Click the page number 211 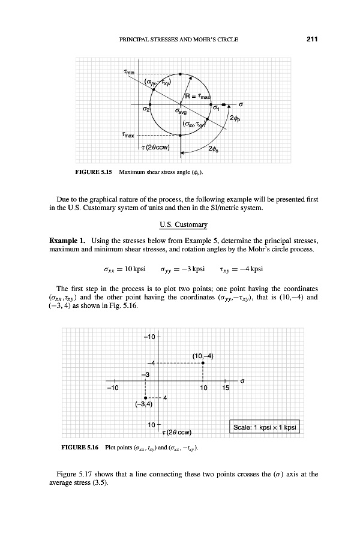(311, 40)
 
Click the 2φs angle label (212, 149)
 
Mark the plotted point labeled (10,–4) (203, 363)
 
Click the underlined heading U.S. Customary (180, 225)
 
